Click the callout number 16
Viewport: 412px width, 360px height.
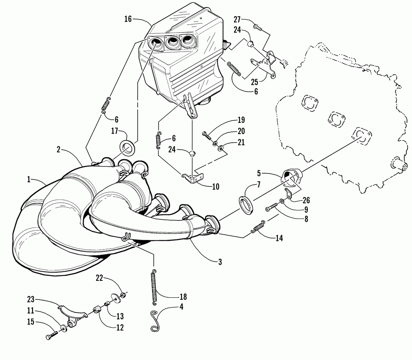pos(128,19)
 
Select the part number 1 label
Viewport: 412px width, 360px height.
pos(29,179)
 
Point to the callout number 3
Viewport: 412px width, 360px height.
pos(220,261)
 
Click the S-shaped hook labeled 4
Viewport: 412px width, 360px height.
pos(155,320)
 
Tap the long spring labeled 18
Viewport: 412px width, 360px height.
pos(155,285)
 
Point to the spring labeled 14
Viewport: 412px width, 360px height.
pos(258,227)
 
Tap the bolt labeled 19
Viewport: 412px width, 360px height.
pos(207,134)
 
